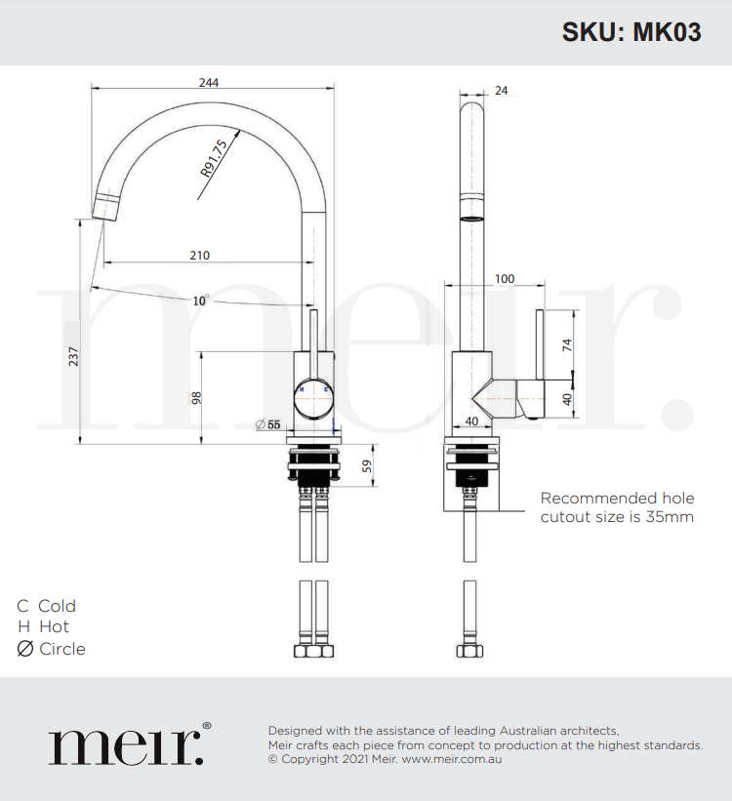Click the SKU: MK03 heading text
pos(630,32)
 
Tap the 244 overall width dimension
pos(208,82)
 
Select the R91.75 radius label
pos(214,158)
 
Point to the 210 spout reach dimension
pos(199,256)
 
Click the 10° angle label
pos(200,300)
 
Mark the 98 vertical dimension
pos(196,397)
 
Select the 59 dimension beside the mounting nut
pos(367,466)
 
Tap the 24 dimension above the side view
pos(502,91)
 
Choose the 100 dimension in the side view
pos(504,279)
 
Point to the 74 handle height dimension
pos(566,343)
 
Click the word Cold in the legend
pos(57,606)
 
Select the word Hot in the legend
pos(54,627)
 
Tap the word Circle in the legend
pos(62,649)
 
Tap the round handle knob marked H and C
pos(314,396)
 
